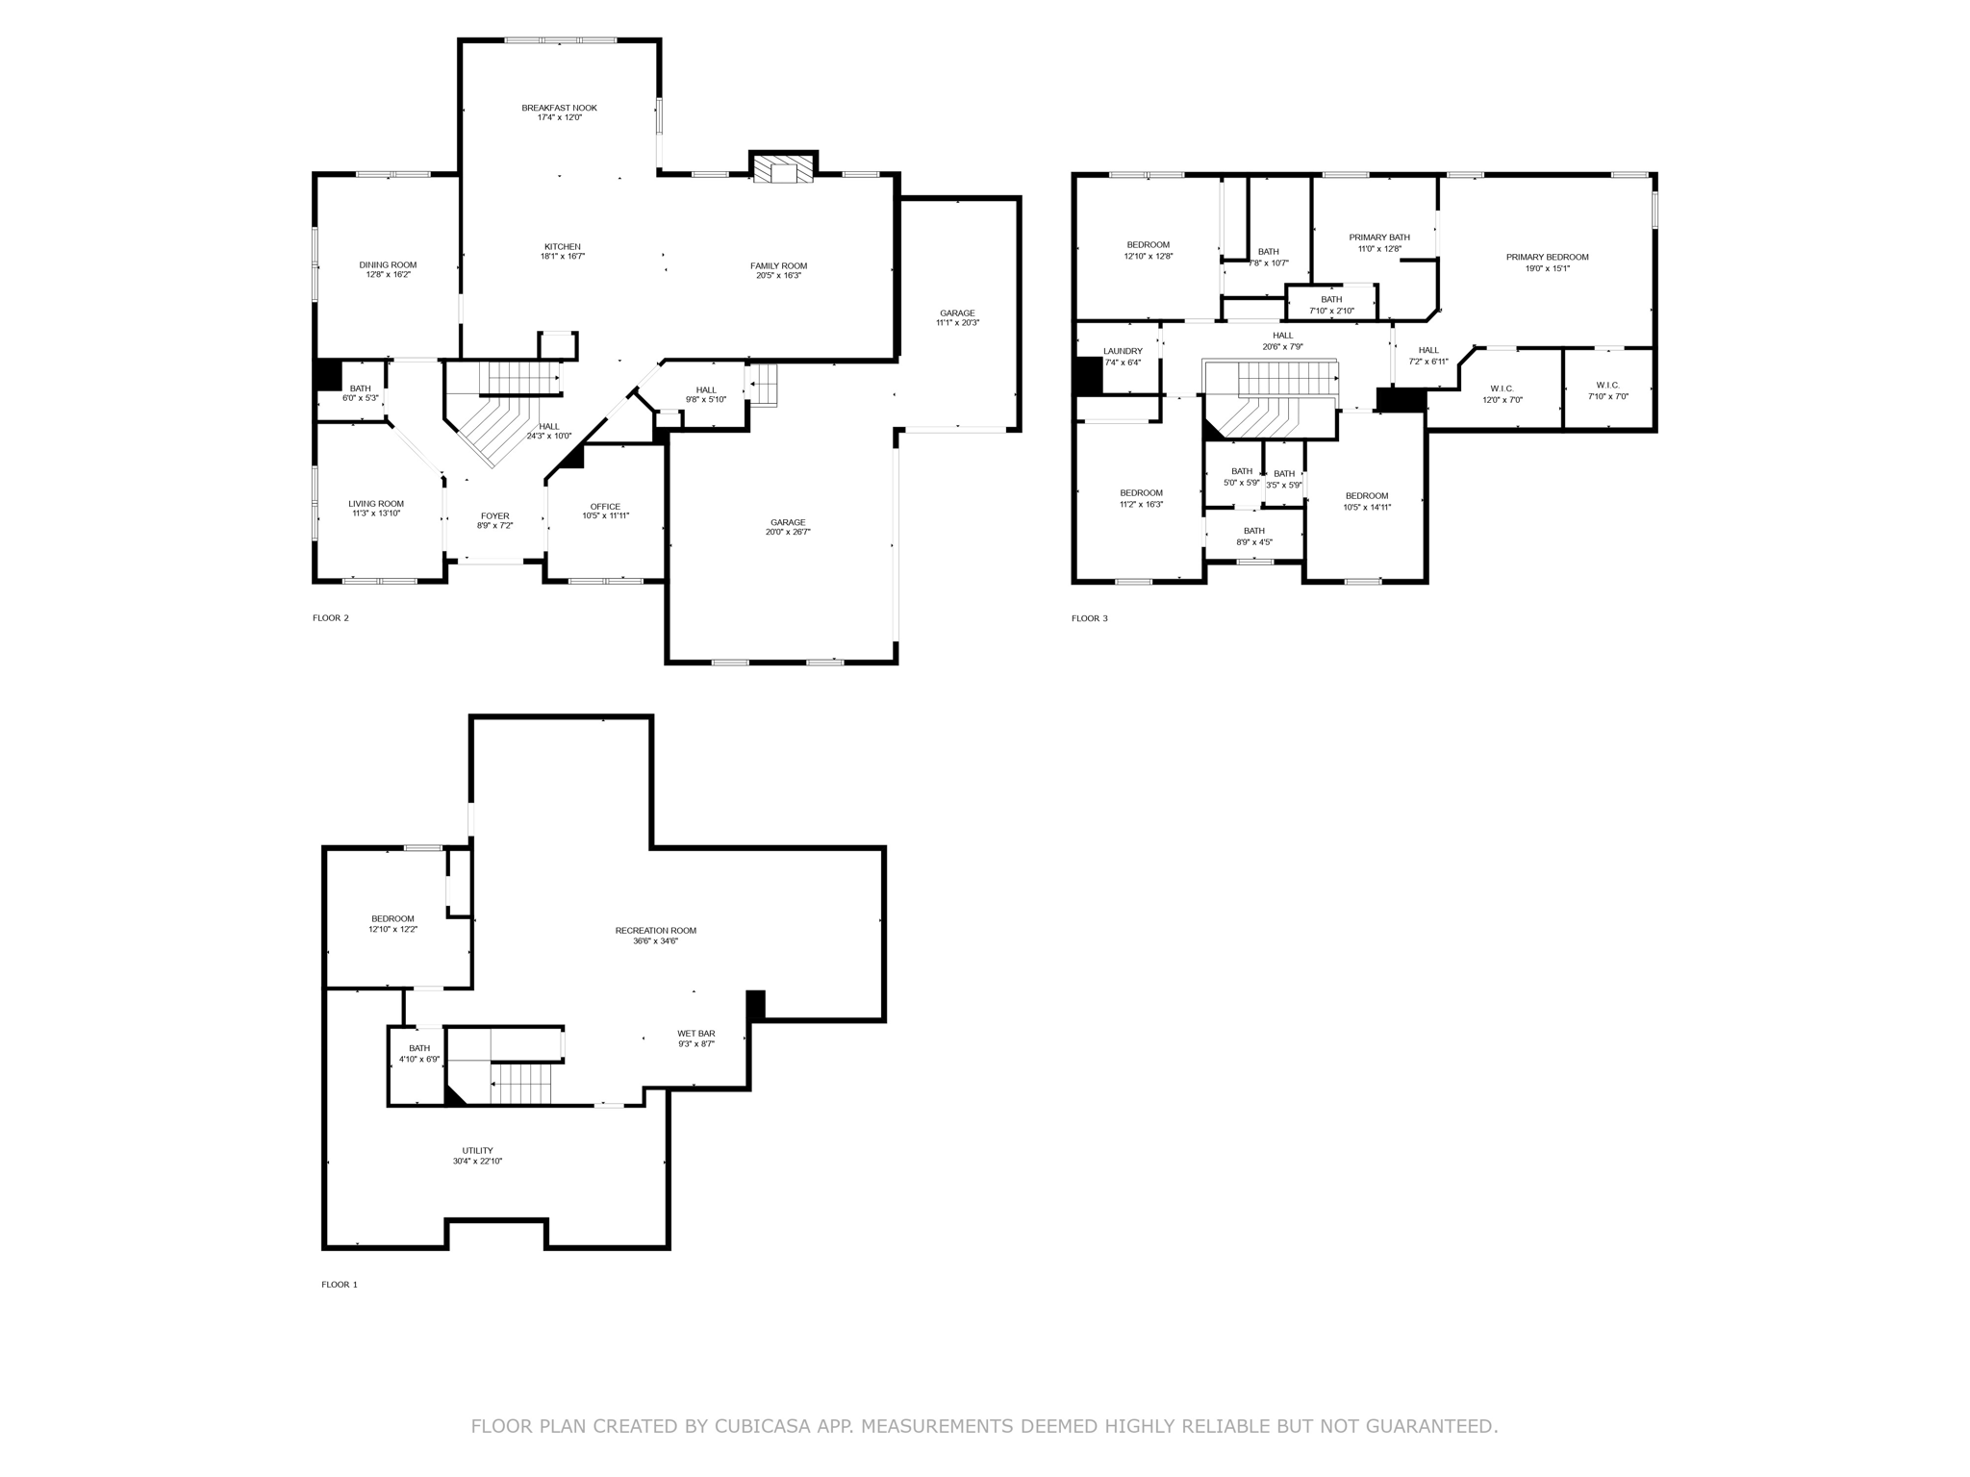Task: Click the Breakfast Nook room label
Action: (x=559, y=108)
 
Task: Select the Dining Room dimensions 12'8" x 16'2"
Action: (x=388, y=275)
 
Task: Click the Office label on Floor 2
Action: (x=605, y=507)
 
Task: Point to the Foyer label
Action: (x=494, y=516)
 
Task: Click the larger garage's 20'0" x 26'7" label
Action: (x=788, y=532)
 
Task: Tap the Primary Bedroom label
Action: (x=1547, y=257)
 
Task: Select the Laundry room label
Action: (x=1123, y=351)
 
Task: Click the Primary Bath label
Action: (x=1378, y=238)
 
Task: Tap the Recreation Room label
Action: (x=655, y=930)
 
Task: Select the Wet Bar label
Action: (x=696, y=1034)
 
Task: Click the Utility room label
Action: (x=477, y=1150)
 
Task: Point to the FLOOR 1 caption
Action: (x=340, y=1285)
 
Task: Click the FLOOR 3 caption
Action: (x=1089, y=618)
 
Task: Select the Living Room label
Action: (x=375, y=504)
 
